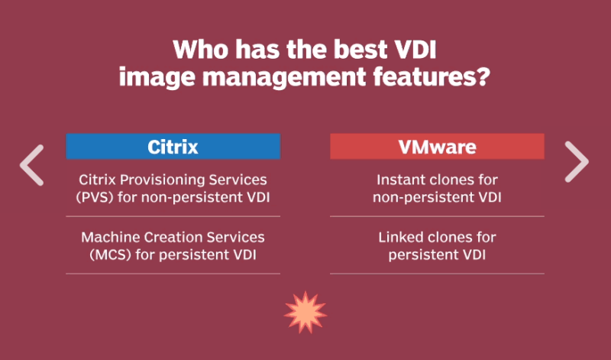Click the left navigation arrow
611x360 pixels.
coord(32,164)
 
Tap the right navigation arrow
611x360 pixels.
coord(577,162)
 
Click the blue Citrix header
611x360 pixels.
coord(173,147)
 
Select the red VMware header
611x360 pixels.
coord(437,147)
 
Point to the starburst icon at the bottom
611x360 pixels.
coord(305,311)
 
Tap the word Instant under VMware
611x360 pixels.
coord(402,180)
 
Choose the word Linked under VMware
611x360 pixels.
coord(402,238)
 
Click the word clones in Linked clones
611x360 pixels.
coord(451,238)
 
